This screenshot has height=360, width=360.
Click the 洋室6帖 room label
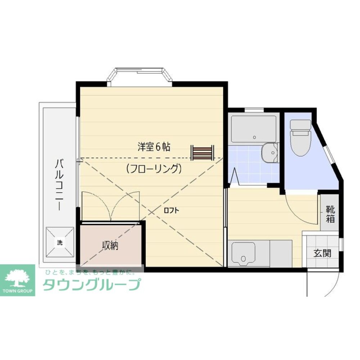[154, 147]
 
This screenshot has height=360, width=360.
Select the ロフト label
[171, 211]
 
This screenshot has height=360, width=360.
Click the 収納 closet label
[110, 246]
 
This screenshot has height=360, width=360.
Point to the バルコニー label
[59, 184]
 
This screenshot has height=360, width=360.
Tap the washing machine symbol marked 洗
[60, 242]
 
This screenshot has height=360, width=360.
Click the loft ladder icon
[202, 152]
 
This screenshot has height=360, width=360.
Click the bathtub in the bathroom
[253, 129]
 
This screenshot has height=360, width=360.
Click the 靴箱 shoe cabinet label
[330, 214]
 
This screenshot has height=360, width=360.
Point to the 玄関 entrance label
[322, 253]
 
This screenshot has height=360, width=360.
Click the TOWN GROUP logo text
[18, 291]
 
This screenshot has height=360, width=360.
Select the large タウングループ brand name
[91, 285]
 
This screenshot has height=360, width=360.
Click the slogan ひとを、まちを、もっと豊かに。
[90, 272]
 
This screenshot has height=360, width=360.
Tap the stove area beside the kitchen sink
[281, 254]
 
